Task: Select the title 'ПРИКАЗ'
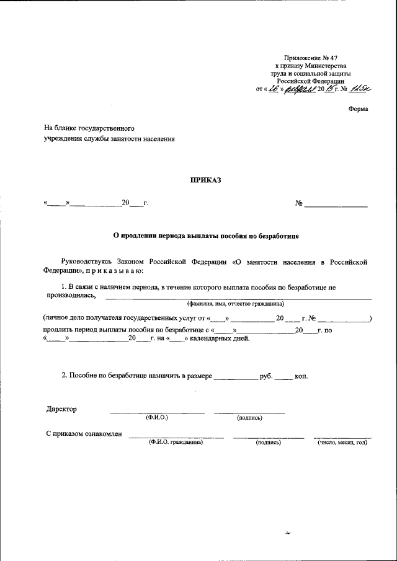(205, 180)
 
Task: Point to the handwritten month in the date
(300, 88)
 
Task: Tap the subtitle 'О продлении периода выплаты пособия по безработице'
(205, 236)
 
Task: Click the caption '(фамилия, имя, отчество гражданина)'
(236, 304)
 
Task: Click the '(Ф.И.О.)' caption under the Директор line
(157, 418)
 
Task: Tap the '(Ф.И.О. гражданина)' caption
(176, 442)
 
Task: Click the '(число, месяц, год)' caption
(342, 442)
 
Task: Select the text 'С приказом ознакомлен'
(84, 434)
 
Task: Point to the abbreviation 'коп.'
(301, 376)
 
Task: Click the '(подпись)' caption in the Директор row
(249, 418)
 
